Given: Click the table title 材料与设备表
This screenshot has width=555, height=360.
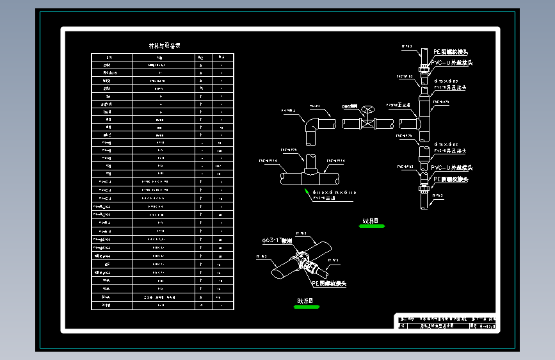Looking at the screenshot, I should tap(165, 46).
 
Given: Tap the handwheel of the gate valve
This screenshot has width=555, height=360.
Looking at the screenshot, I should tap(367, 109).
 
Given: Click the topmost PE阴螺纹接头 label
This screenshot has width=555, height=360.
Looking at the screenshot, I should tap(452, 51).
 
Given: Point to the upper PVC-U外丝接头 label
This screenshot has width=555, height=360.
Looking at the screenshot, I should tap(452, 63).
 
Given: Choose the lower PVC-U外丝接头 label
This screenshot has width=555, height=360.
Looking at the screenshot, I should tap(452, 168).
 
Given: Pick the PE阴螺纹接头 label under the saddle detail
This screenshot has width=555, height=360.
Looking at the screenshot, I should tap(329, 283).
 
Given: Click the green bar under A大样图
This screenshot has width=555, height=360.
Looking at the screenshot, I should tap(371, 226).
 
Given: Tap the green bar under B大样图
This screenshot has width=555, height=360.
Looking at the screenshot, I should tap(306, 307).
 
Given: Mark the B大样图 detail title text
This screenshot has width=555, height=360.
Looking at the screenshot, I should tap(305, 300).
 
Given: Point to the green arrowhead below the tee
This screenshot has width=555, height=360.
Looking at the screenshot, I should tap(307, 190).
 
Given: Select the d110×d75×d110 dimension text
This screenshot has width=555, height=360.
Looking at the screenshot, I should tap(332, 192).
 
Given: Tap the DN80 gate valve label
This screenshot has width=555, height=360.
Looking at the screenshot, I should tap(350, 106).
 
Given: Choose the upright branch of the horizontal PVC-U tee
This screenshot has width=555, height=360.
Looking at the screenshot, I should tap(310, 163).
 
